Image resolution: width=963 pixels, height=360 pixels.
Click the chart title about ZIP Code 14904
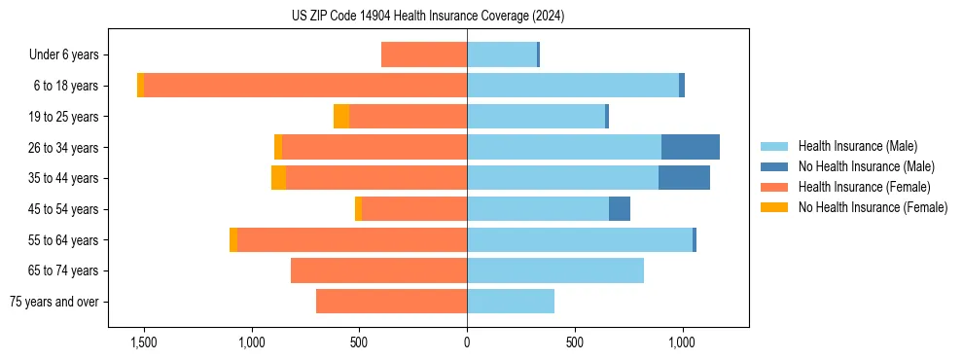(x=428, y=17)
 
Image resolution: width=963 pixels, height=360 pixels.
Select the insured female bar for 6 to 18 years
(x=305, y=86)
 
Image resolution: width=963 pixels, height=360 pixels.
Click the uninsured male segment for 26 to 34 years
(x=691, y=147)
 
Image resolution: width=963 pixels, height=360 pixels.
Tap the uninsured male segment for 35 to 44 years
(x=684, y=178)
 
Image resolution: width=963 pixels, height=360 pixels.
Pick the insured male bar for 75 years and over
(x=511, y=302)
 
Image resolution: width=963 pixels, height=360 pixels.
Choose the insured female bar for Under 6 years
(x=424, y=54)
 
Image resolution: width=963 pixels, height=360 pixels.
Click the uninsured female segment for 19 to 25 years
(x=341, y=117)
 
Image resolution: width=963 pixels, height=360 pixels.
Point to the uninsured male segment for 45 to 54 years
(x=620, y=209)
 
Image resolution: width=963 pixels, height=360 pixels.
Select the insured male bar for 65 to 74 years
(x=555, y=270)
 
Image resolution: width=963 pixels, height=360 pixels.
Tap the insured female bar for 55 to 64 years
(x=352, y=240)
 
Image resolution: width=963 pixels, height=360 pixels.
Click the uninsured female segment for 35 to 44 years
(x=278, y=178)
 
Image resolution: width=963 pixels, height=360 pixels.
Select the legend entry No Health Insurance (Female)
(x=873, y=207)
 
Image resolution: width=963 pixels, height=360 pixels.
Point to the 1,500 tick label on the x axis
(x=143, y=342)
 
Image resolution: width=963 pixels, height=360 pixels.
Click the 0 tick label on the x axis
(x=467, y=342)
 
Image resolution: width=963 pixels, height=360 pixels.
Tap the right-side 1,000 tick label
(x=682, y=342)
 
